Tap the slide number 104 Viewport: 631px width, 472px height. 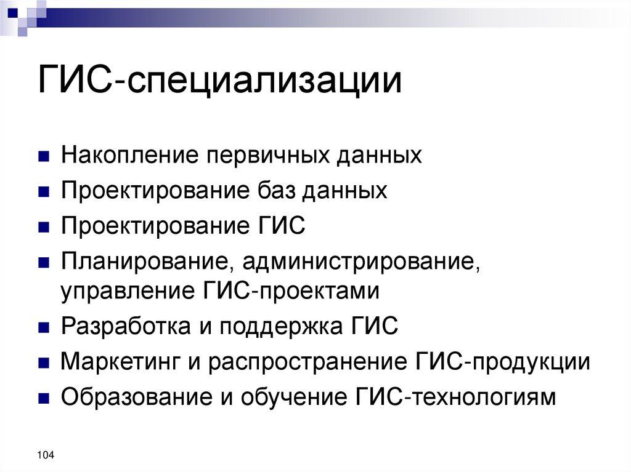coord(46,455)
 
